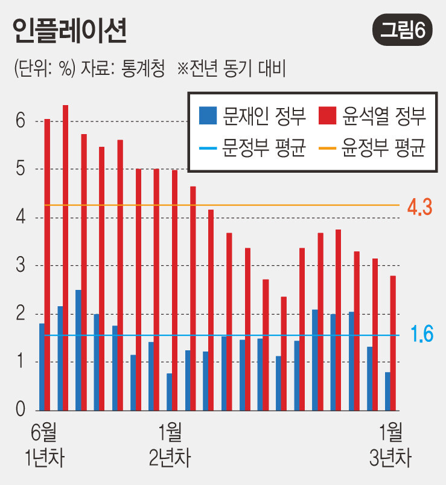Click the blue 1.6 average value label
tap(422, 335)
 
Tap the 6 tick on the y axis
tap(21, 121)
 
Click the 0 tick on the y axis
tap(21, 411)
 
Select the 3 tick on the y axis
tap(21, 266)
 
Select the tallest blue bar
tap(78, 350)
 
